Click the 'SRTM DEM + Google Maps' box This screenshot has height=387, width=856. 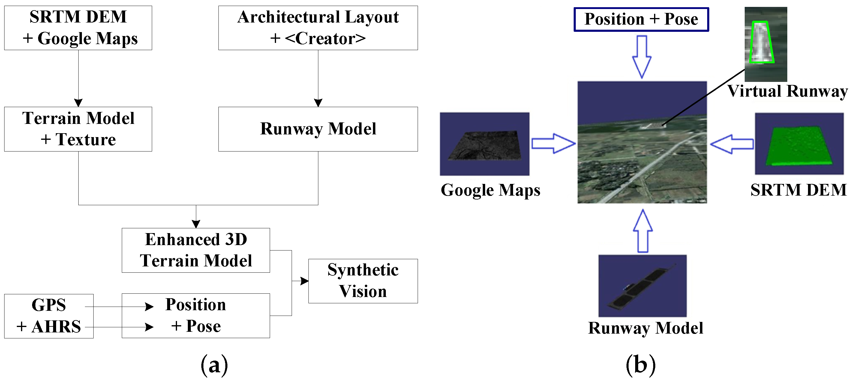(78, 28)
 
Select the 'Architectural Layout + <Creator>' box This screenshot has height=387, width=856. (318, 28)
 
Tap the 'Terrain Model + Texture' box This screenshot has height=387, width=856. (78, 129)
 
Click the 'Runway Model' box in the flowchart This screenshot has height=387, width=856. (318, 129)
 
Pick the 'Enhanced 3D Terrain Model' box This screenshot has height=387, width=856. (196, 250)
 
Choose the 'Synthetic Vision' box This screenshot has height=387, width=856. (363, 281)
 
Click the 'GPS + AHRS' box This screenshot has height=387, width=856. (49, 316)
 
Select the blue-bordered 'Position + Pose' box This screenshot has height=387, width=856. (641, 19)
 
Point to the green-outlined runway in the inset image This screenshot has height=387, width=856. (761, 43)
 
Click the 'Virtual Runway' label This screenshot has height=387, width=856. (787, 91)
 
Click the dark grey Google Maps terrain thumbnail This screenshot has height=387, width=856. (485, 144)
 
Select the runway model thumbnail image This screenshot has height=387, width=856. (642, 286)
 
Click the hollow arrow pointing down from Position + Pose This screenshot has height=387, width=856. (642, 56)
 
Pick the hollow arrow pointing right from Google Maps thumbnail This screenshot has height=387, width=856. (553, 143)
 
